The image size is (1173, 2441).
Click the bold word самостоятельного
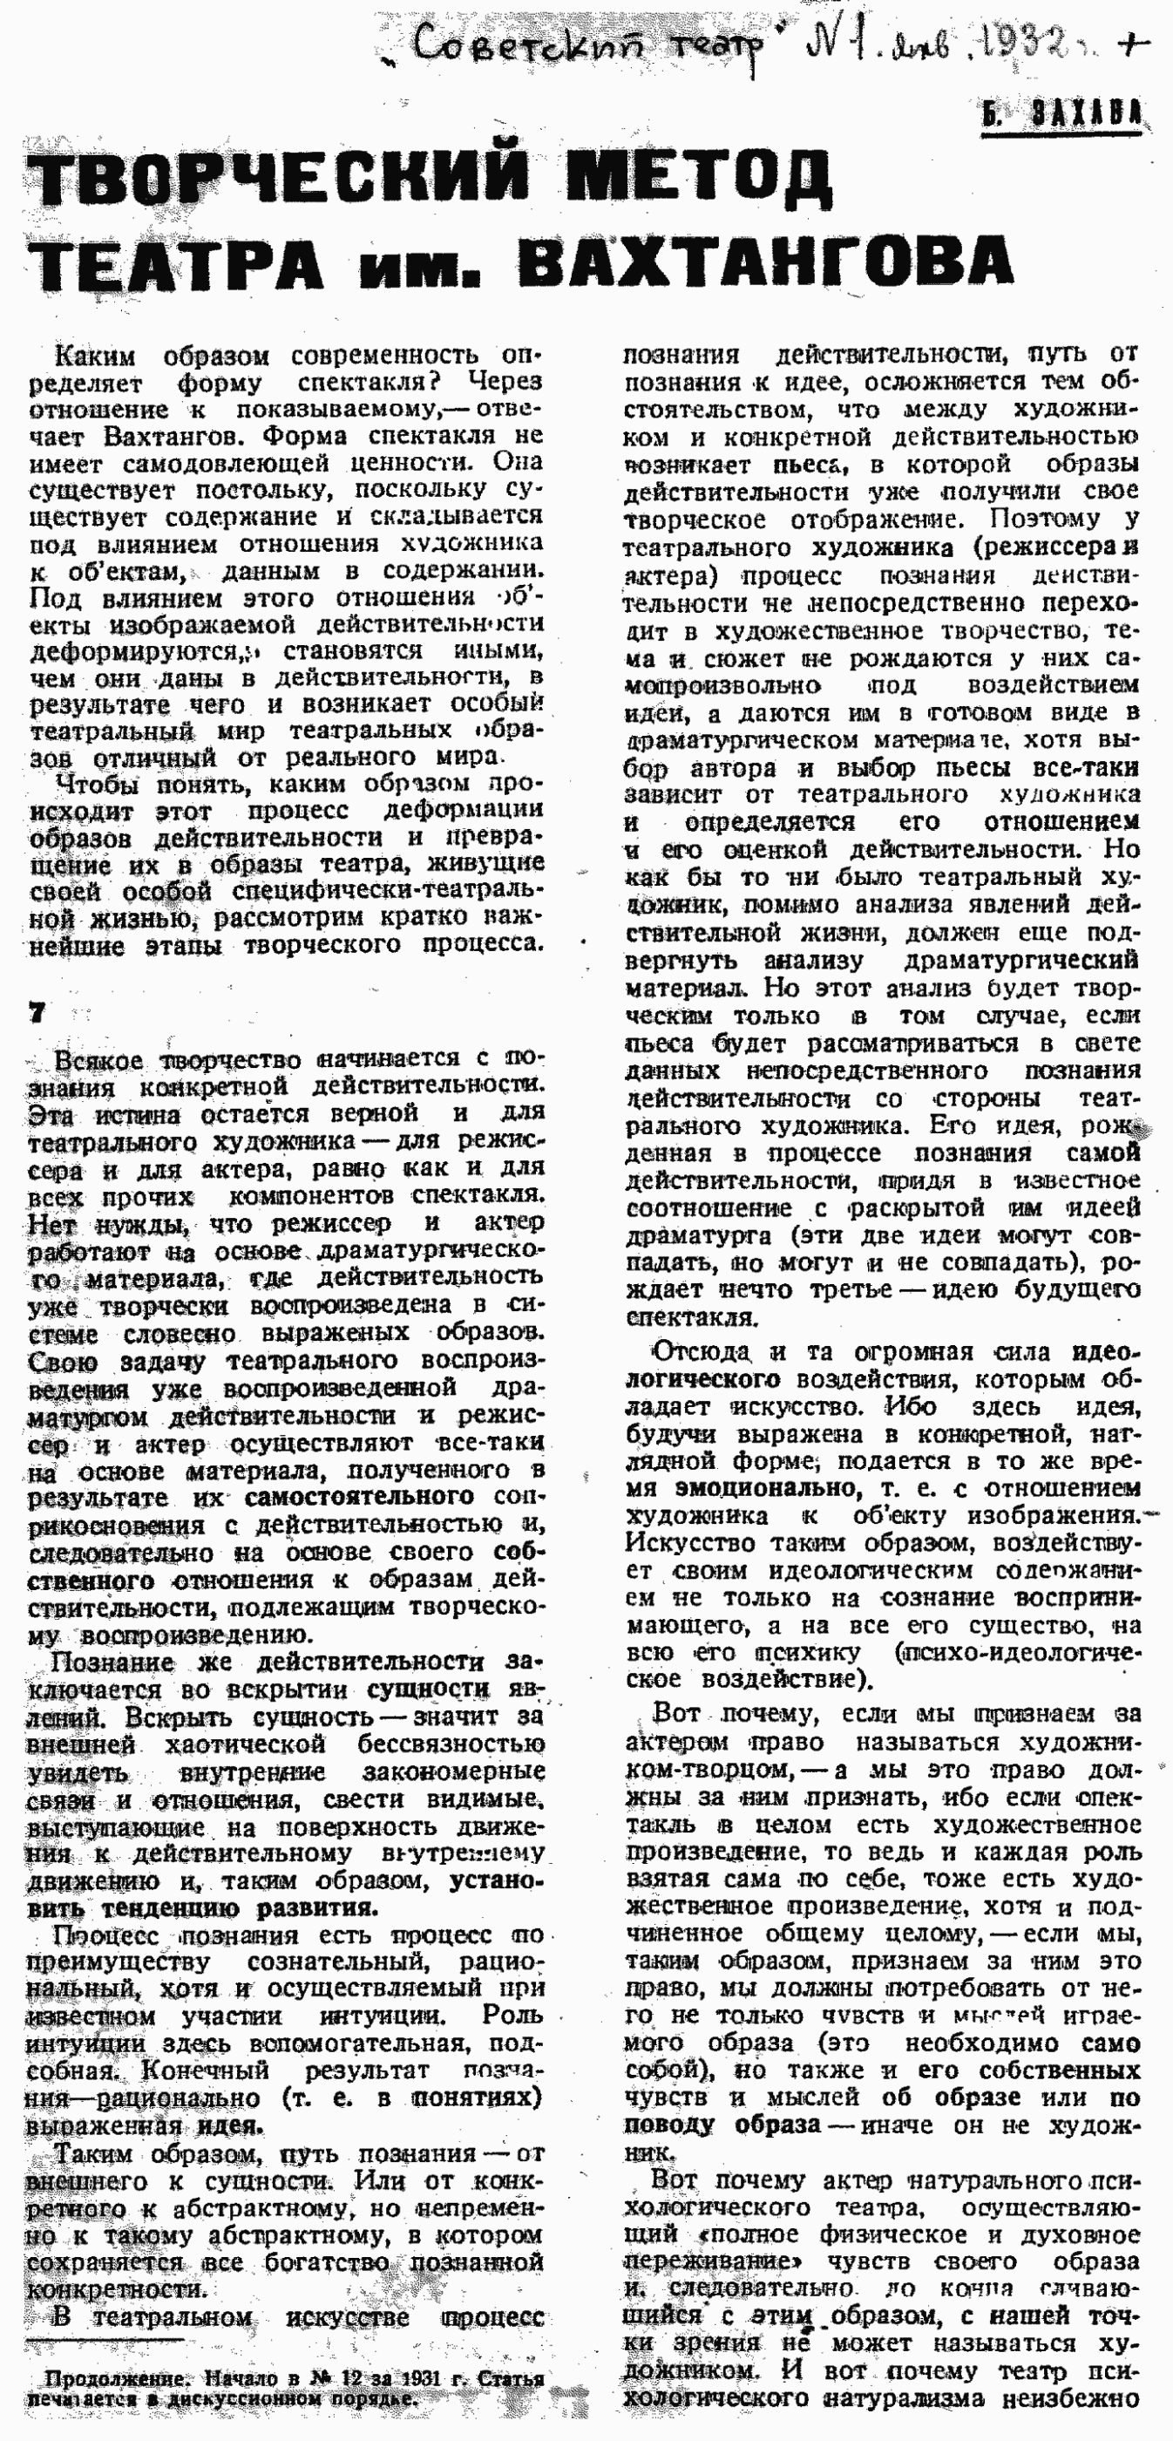(359, 1498)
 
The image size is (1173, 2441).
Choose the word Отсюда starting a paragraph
(702, 1351)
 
